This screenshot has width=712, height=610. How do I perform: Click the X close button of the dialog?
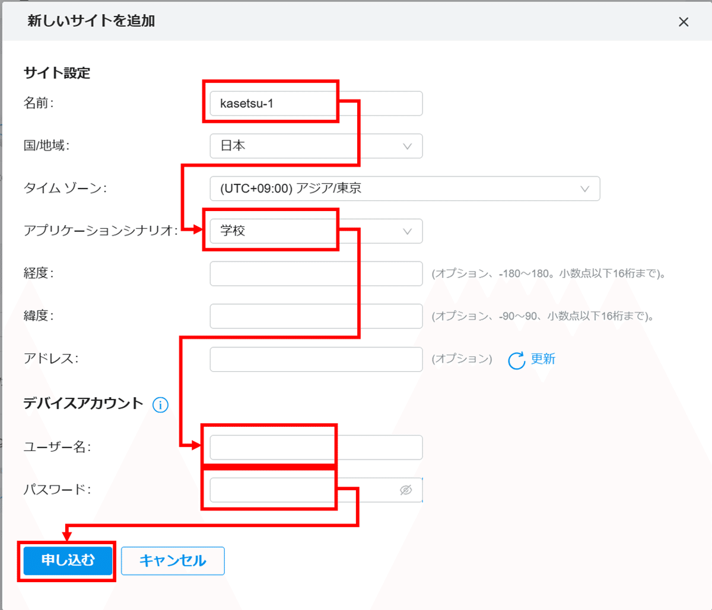tap(684, 22)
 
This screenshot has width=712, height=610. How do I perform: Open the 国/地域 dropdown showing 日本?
tap(316, 146)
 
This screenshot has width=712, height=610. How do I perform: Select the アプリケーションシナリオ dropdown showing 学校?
tap(316, 231)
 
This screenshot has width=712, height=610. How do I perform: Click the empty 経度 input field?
tap(316, 274)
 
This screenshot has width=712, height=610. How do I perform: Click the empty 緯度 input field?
tap(316, 317)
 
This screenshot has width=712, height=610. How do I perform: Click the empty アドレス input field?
tap(316, 359)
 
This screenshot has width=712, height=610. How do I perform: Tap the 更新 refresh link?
tap(542, 359)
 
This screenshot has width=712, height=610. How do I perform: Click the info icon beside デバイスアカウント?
tap(160, 405)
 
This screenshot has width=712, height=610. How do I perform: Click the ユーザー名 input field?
tap(316, 448)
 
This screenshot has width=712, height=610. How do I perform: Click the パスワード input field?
tap(303, 490)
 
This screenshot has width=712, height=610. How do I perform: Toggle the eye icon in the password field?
tap(406, 490)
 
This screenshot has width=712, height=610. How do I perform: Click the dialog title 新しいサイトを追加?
tap(91, 21)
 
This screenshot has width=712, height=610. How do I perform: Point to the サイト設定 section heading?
tap(57, 73)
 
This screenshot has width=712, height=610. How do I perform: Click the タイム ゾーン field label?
tap(65, 189)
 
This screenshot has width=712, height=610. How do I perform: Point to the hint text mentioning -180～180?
tap(548, 274)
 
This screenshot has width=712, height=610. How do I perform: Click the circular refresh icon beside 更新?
tap(516, 360)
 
